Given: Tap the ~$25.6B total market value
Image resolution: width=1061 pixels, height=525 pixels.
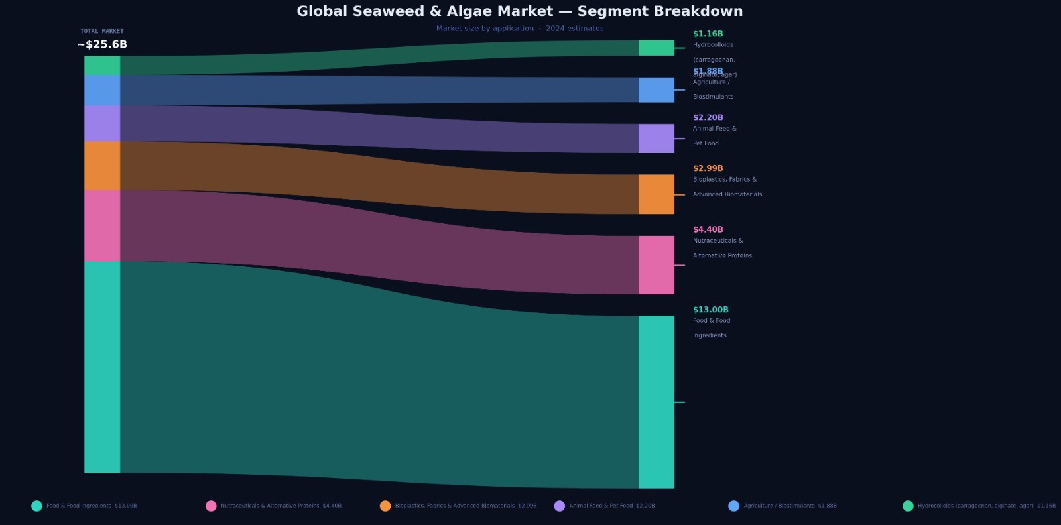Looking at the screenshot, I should pyautogui.click(x=102, y=44).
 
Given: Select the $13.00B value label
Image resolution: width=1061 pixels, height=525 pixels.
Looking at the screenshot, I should pyautogui.click(x=710, y=310).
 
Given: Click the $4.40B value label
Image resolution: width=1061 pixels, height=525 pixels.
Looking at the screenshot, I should pyautogui.click(x=708, y=229).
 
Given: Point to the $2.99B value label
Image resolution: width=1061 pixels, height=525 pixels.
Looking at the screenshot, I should pyautogui.click(x=708, y=168).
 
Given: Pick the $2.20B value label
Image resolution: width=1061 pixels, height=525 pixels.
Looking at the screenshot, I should pyautogui.click(x=708, y=117).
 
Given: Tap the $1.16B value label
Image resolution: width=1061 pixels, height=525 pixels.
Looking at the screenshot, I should pyautogui.click(x=708, y=34).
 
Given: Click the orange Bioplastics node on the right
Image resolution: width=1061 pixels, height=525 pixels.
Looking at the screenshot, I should pyautogui.click(x=656, y=194).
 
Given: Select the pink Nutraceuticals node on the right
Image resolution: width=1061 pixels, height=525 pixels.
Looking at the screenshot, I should pyautogui.click(x=656, y=265).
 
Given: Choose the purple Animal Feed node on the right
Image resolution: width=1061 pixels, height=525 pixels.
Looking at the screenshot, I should pyautogui.click(x=656, y=139).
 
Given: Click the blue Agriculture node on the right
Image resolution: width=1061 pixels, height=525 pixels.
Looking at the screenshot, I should pyautogui.click(x=656, y=90).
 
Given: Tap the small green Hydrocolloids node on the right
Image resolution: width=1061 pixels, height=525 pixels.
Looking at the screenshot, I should pyautogui.click(x=656, y=48).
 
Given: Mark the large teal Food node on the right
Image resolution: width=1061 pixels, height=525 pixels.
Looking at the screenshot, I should pyautogui.click(x=656, y=402).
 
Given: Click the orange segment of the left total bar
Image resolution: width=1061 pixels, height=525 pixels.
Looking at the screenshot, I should pyautogui.click(x=102, y=166).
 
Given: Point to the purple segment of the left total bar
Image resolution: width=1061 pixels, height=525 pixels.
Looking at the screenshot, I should pyautogui.click(x=102, y=123).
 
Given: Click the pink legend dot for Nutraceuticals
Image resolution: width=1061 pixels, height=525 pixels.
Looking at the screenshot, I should pyautogui.click(x=211, y=506).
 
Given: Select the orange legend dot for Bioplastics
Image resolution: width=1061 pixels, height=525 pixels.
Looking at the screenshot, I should pyautogui.click(x=385, y=506).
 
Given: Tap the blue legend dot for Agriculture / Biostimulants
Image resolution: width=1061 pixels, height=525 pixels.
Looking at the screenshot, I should pyautogui.click(x=733, y=506).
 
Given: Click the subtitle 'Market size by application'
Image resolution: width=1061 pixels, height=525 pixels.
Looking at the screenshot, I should pyautogui.click(x=485, y=29).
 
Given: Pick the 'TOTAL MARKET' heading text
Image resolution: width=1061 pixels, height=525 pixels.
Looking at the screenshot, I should pyautogui.click(x=102, y=31).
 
